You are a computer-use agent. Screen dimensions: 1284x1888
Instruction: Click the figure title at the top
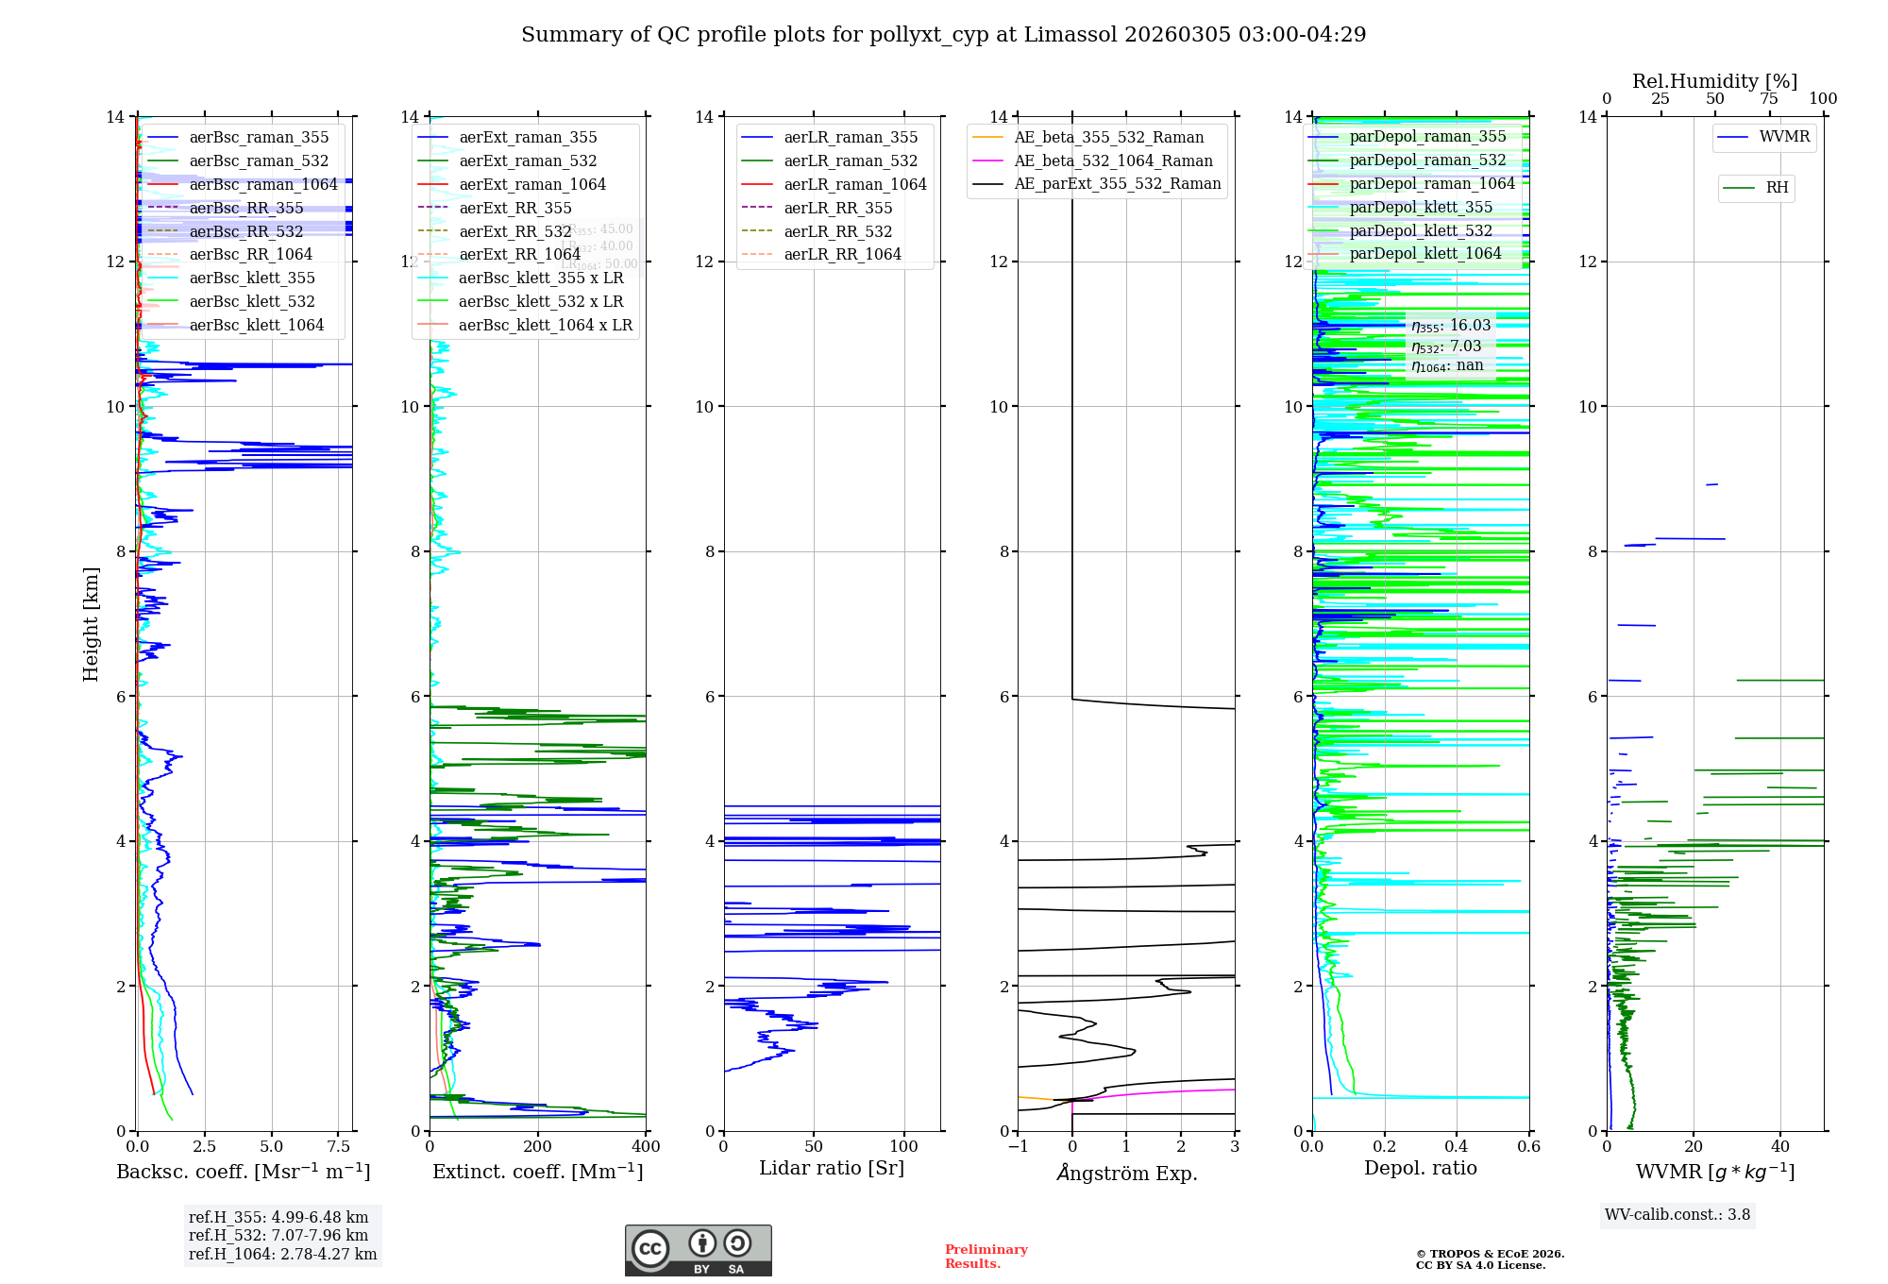[943, 35]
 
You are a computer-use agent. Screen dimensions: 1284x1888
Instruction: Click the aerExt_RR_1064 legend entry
[519, 255]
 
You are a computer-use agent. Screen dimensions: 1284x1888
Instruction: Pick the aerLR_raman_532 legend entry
[851, 161]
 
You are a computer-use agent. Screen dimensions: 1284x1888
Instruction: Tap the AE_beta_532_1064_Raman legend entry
[1113, 161]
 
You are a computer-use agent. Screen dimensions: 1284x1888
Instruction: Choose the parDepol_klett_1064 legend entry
[1424, 254]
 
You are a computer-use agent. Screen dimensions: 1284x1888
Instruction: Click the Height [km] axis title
[91, 623]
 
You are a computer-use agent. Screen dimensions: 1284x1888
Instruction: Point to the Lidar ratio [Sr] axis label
[832, 1169]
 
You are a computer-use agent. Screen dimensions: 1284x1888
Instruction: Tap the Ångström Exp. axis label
[1127, 1174]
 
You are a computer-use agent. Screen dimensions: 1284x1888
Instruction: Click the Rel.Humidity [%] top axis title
[1714, 81]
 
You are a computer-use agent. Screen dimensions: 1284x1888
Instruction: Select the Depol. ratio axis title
[1421, 1169]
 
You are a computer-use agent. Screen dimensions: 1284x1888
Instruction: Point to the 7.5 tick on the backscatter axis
[339, 1147]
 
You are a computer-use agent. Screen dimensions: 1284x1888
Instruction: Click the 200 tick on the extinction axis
[538, 1147]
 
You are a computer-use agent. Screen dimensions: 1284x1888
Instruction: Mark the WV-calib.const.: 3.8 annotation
[1677, 1215]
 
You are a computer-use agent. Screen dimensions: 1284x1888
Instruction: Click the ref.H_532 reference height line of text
[278, 1236]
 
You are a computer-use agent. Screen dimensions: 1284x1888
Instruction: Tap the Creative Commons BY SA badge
[698, 1251]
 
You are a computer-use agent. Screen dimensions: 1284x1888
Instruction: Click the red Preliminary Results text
[986, 1257]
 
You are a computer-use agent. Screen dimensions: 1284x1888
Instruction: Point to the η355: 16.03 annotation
[1451, 326]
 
